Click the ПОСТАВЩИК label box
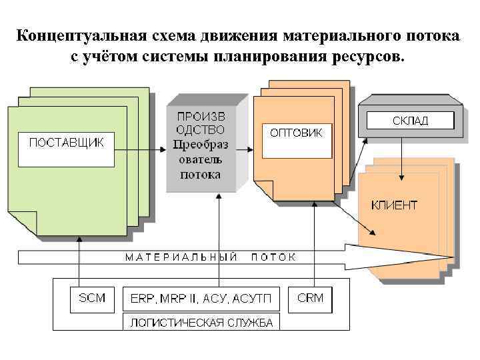[65, 148]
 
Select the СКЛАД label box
[410, 121]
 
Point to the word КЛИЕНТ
[394, 205]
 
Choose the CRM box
[310, 299]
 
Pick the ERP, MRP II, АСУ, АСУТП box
[200, 299]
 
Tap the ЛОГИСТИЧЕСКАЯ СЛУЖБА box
[201, 323]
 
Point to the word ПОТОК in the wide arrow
[273, 257]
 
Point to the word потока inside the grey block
[200, 175]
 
